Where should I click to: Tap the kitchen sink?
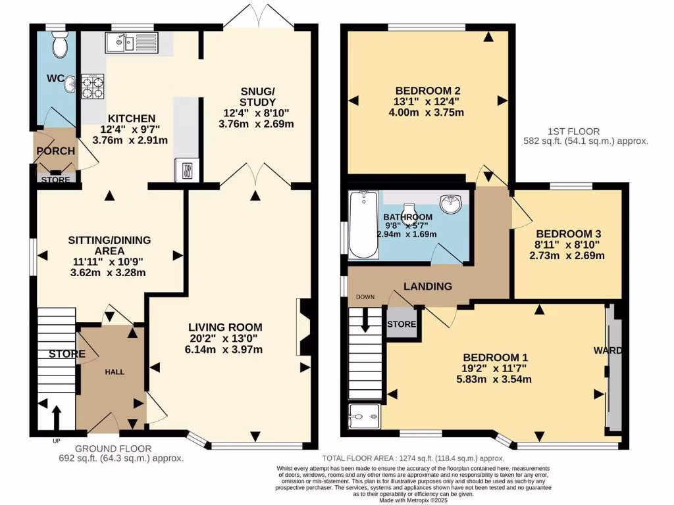[129, 44]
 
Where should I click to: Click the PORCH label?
[56, 151]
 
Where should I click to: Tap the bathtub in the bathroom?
[362, 226]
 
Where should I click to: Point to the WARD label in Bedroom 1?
[608, 350]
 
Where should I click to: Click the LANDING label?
[428, 286]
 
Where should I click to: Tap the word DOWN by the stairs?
[365, 297]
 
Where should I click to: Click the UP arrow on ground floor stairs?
[55, 417]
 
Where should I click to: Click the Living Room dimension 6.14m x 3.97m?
[226, 350]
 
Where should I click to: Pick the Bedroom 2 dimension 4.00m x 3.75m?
[427, 112]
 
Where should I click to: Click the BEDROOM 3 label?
[568, 233]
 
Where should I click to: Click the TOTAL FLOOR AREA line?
[413, 458]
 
